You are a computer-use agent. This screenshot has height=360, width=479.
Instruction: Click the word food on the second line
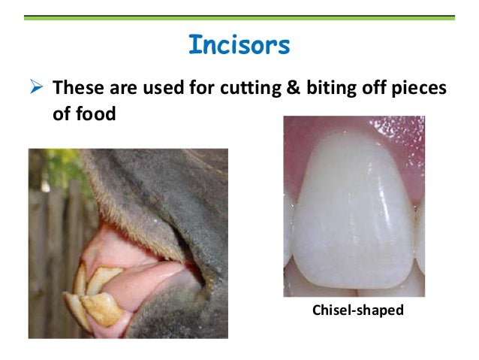(96, 115)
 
